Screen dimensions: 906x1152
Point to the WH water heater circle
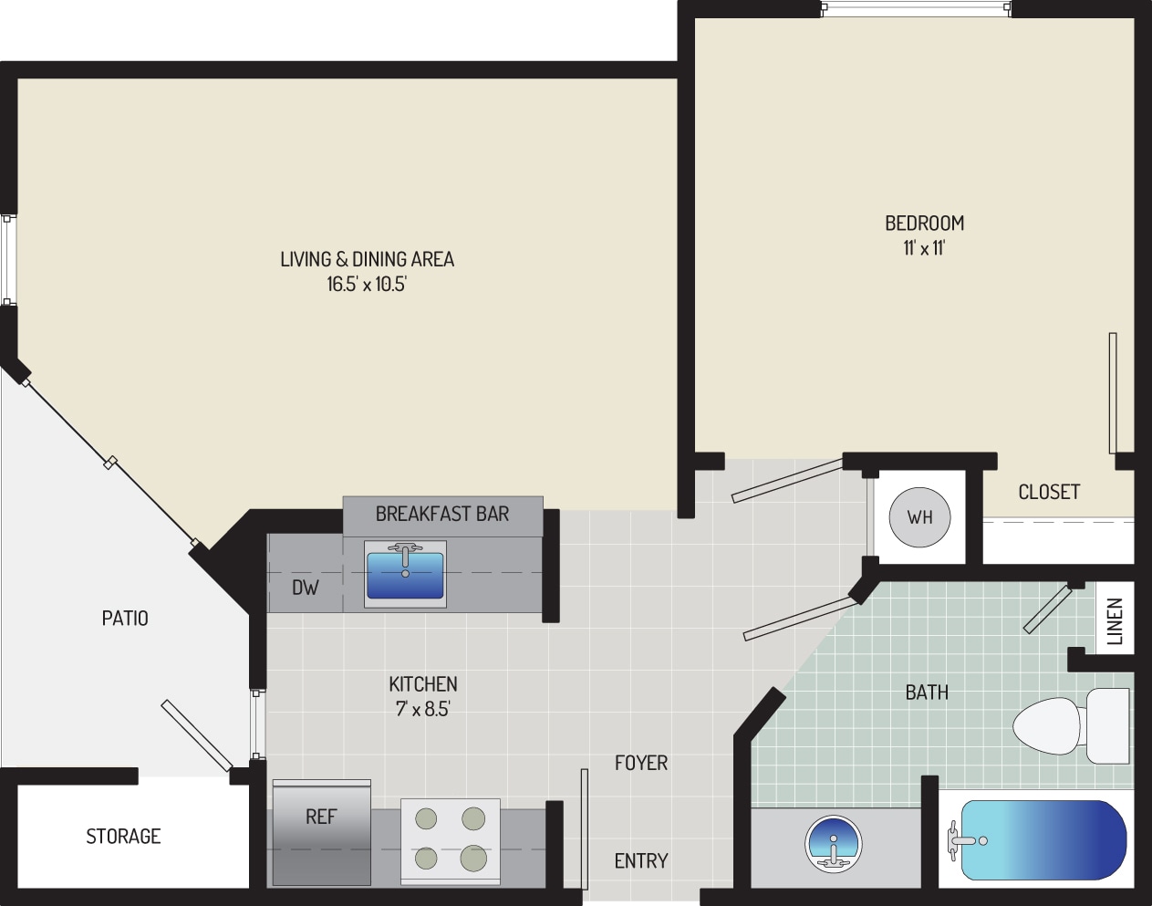tap(919, 517)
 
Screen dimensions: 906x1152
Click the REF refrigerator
tap(322, 830)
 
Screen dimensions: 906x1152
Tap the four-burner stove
tap(450, 839)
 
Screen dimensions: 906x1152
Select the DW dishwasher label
tap(306, 588)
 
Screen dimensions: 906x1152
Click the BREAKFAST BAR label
tap(442, 514)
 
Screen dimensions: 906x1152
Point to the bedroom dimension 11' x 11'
tap(924, 247)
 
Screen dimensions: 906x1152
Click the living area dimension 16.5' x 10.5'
tap(367, 284)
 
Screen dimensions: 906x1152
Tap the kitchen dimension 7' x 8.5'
tap(423, 709)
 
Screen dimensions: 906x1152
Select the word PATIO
tap(125, 619)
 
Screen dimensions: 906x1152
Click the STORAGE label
tap(123, 836)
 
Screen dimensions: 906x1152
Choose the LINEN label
tap(1115, 621)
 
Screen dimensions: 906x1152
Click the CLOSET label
tap(1049, 492)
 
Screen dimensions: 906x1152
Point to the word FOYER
tap(640, 763)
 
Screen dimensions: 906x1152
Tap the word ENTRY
tap(640, 860)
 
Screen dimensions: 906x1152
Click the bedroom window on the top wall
tap(916, 9)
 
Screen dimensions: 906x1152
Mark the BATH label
tap(927, 693)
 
